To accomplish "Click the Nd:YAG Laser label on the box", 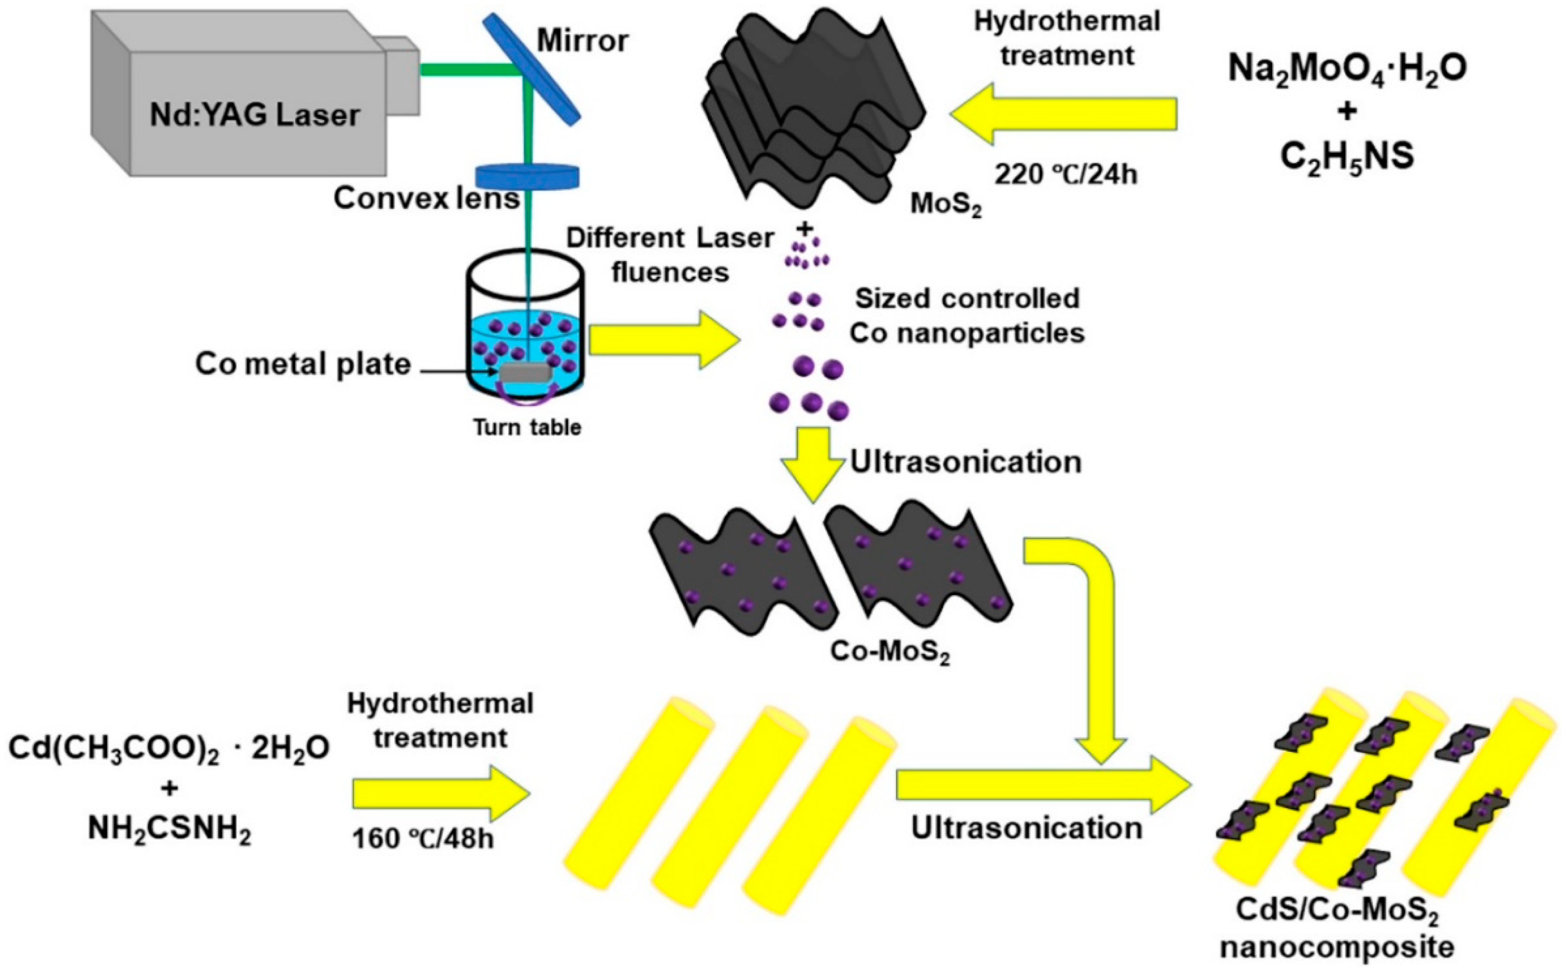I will pyautogui.click(x=255, y=116).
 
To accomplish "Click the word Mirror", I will pyautogui.click(x=583, y=41).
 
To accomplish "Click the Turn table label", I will pyautogui.click(x=527, y=427).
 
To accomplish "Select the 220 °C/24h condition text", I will pyautogui.click(x=1066, y=174).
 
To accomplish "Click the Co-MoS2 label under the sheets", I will pyautogui.click(x=889, y=652).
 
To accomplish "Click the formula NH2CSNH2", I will pyautogui.click(x=169, y=831).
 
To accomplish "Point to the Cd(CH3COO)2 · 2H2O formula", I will pyautogui.click(x=169, y=748).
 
